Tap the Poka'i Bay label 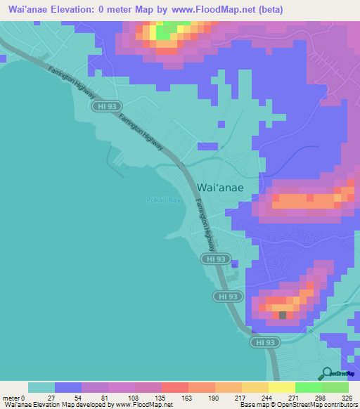pyautogui.click(x=164, y=200)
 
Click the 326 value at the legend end pyautogui.click(x=348, y=397)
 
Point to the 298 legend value pyautogui.click(x=321, y=397)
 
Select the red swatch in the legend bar pyautogui.click(x=174, y=387)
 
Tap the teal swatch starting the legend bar pyautogui.click(x=41, y=387)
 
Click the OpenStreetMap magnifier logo pyautogui.click(x=327, y=373)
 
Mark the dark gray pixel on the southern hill pyautogui.click(x=283, y=315)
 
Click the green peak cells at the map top pyautogui.click(x=164, y=32)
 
